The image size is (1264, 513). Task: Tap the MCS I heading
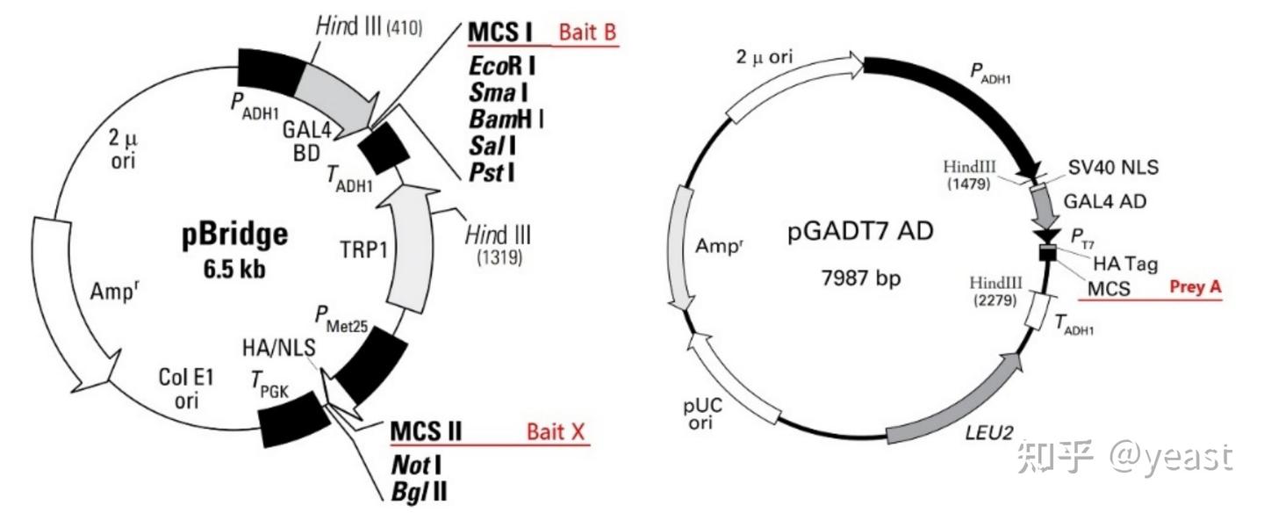[500, 33]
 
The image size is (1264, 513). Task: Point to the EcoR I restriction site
[503, 66]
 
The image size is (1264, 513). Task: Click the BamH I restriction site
[506, 116]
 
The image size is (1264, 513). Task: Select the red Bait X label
[556, 433]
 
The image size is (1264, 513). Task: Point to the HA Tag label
[1125, 262]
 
